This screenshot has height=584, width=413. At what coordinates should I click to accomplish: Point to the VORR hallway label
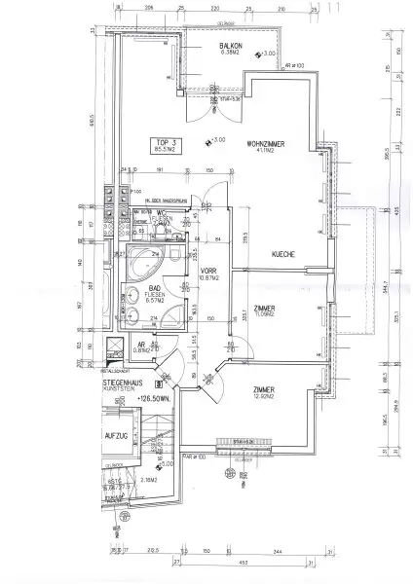pyautogui.click(x=206, y=272)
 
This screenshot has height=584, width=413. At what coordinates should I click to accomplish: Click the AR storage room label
pyautogui.click(x=141, y=346)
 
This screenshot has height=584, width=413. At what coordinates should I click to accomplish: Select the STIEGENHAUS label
pyautogui.click(x=124, y=386)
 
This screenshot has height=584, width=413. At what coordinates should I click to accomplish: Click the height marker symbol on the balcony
pyautogui.click(x=256, y=55)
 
